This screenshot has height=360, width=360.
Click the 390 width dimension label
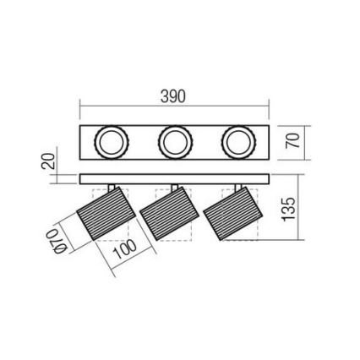(x=172, y=97)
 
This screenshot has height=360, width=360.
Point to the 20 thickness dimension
(x=49, y=161)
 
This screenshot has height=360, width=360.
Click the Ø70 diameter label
(x=53, y=240)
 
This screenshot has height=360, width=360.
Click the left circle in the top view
(x=110, y=142)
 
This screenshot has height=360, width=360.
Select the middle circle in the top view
(x=175, y=142)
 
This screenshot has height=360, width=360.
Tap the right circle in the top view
(x=237, y=142)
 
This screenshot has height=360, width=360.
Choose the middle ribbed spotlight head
(x=168, y=215)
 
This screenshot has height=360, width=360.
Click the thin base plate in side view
(x=174, y=179)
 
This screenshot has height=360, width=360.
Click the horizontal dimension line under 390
(x=174, y=107)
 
